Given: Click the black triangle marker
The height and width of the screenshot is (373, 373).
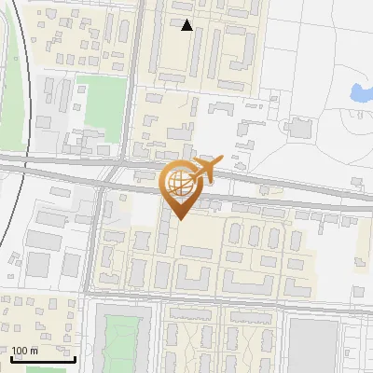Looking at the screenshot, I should (187, 25).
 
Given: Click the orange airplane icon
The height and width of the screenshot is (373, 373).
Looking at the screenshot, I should (206, 172).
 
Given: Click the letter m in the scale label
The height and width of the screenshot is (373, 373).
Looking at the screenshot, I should (35, 351).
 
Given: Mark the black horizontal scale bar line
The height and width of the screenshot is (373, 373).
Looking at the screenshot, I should (42, 358).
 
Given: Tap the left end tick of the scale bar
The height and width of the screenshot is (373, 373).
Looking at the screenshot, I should (11, 356).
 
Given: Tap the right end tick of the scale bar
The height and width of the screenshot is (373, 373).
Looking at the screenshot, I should (74, 356).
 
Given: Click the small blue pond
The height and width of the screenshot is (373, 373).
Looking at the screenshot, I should (359, 92).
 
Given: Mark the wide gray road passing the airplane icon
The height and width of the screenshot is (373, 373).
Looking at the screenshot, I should (280, 197).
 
